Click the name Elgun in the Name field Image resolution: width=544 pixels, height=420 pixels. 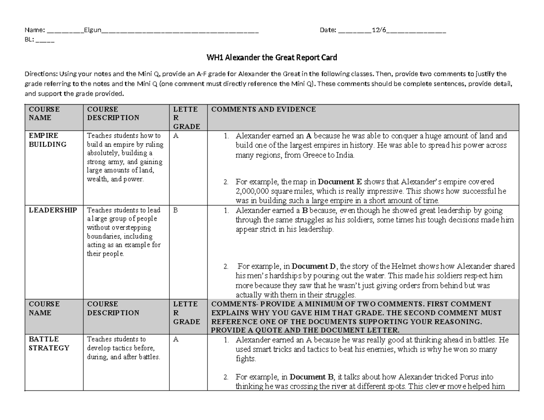pyautogui.click(x=92, y=30)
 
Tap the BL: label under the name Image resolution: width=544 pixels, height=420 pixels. pyautogui.click(x=29, y=39)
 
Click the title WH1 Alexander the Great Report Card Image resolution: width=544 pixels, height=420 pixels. pyautogui.click(x=272, y=58)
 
